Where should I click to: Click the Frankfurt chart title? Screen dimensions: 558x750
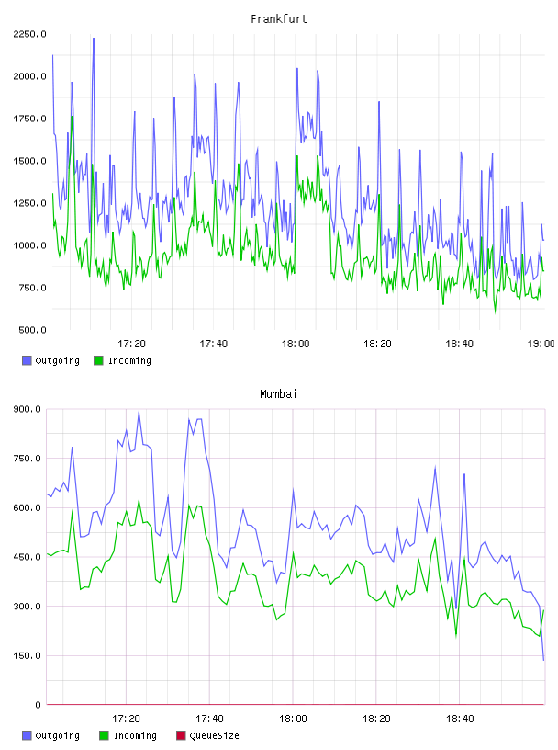[279, 19]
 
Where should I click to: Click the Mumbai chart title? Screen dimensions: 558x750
[278, 394]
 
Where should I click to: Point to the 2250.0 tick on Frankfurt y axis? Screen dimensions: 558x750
[29, 34]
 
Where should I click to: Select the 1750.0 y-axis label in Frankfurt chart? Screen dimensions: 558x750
[29, 119]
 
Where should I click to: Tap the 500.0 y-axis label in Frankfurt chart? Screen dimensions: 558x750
[32, 330]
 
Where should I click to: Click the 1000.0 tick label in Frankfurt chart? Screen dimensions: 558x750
[29, 245]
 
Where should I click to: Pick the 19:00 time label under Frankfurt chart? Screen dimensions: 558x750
[541, 344]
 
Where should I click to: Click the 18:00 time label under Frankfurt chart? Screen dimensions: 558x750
[296, 344]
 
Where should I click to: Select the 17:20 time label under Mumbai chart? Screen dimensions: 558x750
[126, 719]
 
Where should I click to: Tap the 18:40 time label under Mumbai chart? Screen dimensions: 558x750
[460, 719]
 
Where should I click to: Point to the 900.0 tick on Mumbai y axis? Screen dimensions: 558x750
[28, 409]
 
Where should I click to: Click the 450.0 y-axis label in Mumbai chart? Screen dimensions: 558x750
[28, 557]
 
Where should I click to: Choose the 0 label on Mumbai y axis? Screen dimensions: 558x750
[38, 705]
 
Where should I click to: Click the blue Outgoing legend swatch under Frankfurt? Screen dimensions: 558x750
[27, 360]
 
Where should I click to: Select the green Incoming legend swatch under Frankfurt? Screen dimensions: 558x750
[98, 360]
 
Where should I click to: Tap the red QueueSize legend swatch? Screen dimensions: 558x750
[181, 735]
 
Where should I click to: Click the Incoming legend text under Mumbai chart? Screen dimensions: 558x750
[135, 736]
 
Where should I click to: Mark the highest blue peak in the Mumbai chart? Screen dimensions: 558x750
[139, 410]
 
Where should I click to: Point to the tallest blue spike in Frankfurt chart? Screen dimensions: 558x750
[94, 39]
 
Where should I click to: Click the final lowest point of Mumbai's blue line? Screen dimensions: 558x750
[543, 660]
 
